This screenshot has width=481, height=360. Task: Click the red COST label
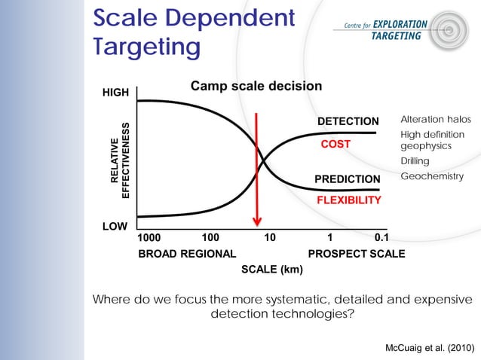(335, 144)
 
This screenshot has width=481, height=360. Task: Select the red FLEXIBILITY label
(348, 200)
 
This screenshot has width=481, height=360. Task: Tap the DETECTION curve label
(348, 121)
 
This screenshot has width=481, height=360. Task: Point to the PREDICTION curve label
(347, 179)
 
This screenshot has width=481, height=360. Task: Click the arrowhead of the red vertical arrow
(257, 221)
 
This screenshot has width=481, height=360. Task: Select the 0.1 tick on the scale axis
(383, 238)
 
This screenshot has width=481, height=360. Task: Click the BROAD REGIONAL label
(187, 254)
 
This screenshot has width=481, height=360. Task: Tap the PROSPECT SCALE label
(356, 254)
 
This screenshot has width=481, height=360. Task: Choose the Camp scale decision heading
(256, 87)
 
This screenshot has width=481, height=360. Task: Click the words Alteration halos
(435, 120)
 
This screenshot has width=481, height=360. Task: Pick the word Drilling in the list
(415, 161)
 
